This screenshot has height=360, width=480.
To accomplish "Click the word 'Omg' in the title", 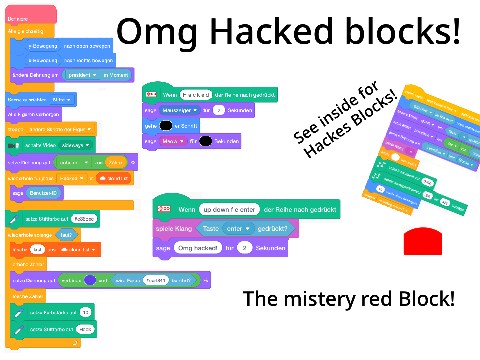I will pyautogui.click(x=152, y=32).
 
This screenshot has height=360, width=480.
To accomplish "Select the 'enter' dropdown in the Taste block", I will pyautogui.click(x=247, y=228).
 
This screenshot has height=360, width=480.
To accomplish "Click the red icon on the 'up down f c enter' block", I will pyautogui.click(x=165, y=209).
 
